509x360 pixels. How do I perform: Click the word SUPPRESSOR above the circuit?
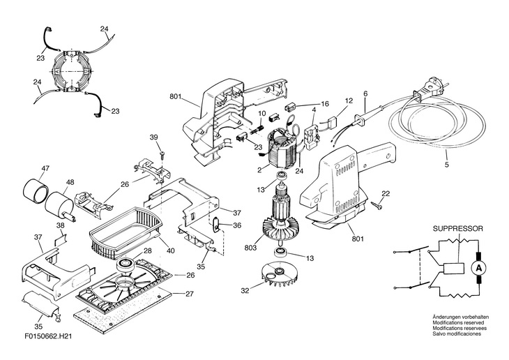pos(457,228)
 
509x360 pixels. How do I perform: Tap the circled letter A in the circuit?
pos(478,268)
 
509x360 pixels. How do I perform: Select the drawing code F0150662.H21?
pos(48,336)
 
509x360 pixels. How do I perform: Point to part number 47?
pos(45,168)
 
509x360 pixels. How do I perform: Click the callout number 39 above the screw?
pos(153,137)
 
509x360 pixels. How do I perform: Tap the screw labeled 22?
pos(376,204)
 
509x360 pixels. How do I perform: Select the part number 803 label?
pos(250,248)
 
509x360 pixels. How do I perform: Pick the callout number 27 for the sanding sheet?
pos(189,294)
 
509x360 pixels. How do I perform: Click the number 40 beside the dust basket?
pos(171,250)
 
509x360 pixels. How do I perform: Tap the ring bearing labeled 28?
pos(126,264)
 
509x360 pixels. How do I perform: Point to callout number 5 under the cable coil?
pos(447,165)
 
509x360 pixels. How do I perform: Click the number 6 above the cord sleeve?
pos(365,93)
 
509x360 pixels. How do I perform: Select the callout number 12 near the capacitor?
pos(349,100)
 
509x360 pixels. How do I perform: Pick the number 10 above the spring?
pos(262,114)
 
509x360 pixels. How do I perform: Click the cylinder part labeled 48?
pos(59,205)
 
